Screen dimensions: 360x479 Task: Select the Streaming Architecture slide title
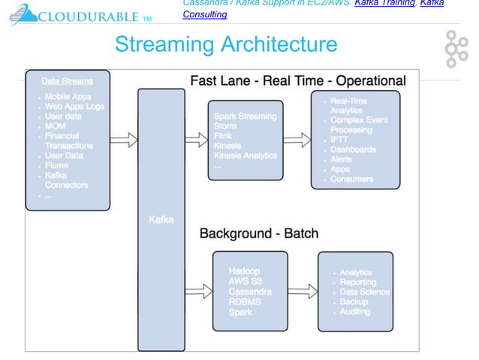[226, 45]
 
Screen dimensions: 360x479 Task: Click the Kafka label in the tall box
[161, 219]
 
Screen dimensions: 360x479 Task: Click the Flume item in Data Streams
[57, 165]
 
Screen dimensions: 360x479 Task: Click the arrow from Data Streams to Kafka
[123, 139]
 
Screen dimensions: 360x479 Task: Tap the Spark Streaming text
[245, 116]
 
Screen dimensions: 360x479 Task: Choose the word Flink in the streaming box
[224, 136]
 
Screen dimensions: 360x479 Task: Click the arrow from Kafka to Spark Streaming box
[194, 139]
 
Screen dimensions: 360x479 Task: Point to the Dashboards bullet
[353, 150]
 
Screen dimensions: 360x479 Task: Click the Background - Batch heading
[270, 233]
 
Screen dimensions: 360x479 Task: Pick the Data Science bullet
[364, 292]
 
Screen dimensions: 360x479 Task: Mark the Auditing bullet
[354, 311]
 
